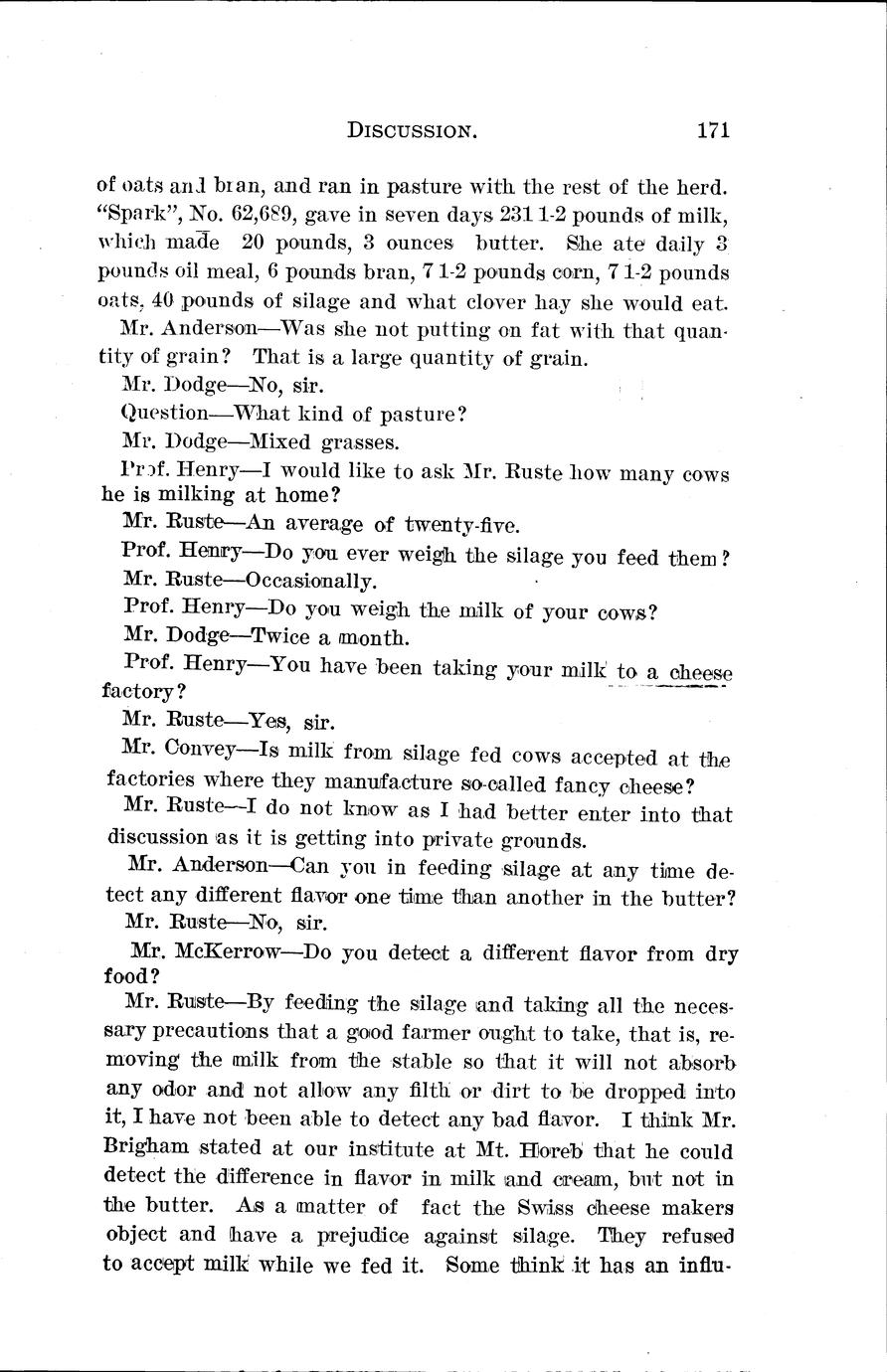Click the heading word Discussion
pyautogui.click(x=409, y=130)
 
